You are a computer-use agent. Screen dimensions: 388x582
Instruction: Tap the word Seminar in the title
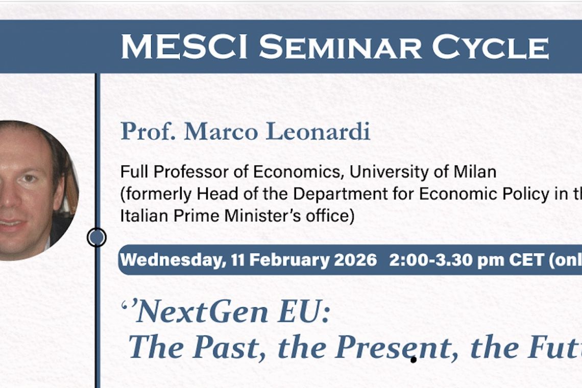[x=340, y=47]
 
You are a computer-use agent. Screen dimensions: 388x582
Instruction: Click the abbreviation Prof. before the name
[x=149, y=132]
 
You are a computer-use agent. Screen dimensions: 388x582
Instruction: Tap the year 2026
[x=355, y=260]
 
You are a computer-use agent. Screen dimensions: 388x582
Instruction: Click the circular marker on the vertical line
[x=96, y=237]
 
